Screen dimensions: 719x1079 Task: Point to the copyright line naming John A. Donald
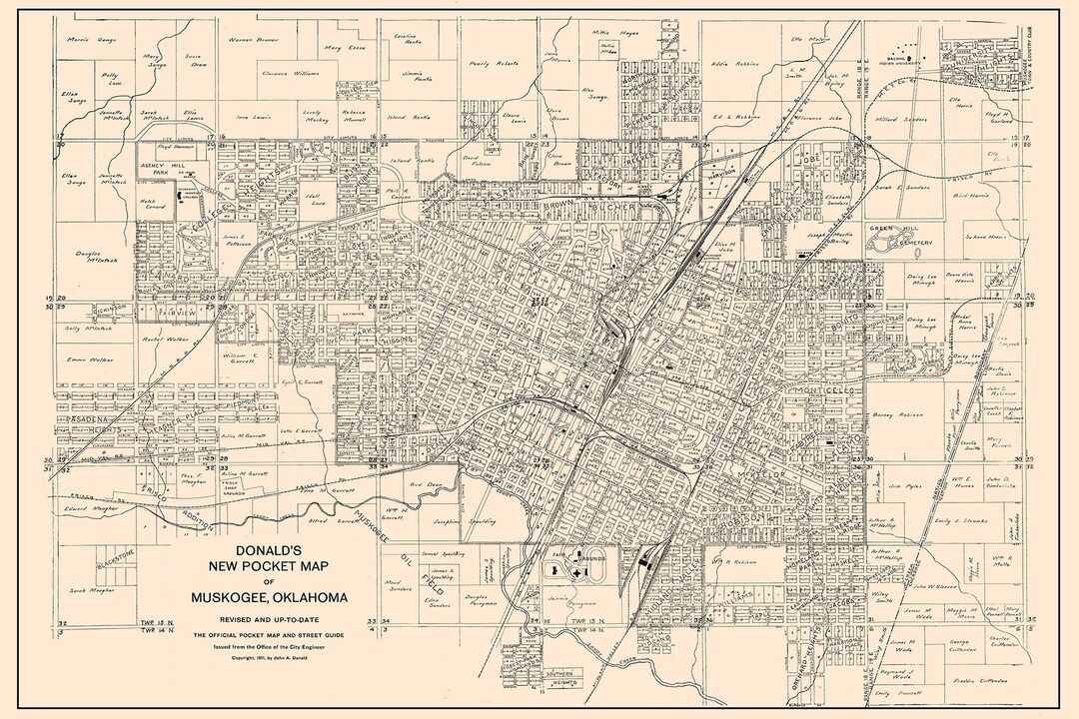point(265,659)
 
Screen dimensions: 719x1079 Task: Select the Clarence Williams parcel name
point(289,73)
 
